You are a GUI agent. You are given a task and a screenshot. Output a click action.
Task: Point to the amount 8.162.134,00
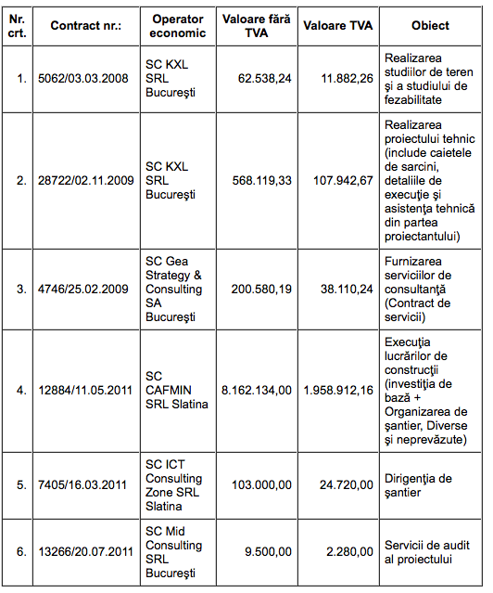pyautogui.click(x=256, y=390)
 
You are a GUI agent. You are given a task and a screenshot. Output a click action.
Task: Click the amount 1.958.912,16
pyautogui.click(x=337, y=390)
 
